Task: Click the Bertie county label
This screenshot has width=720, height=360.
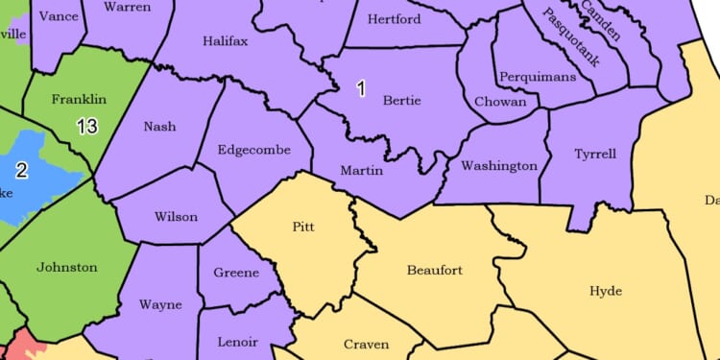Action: (x=401, y=100)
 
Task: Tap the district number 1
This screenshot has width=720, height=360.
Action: (x=361, y=89)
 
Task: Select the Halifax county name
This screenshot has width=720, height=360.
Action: (x=226, y=41)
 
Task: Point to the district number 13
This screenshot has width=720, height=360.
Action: (x=87, y=126)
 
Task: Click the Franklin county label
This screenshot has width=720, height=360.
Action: (x=79, y=99)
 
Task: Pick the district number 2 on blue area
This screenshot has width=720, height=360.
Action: (x=21, y=170)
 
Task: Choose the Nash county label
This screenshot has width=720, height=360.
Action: (x=159, y=127)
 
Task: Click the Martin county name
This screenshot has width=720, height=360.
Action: (x=362, y=171)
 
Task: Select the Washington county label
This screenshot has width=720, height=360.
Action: (x=499, y=166)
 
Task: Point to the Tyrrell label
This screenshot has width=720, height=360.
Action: (x=595, y=154)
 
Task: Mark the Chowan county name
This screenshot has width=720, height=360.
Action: (x=500, y=101)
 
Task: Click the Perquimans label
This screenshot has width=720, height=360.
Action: (x=538, y=76)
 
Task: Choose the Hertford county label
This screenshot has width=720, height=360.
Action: (x=395, y=19)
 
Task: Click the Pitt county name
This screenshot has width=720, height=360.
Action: (x=304, y=227)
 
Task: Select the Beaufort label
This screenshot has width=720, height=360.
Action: (x=435, y=271)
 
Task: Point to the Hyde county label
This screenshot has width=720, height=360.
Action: (x=605, y=291)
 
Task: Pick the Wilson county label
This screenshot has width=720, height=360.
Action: (x=177, y=217)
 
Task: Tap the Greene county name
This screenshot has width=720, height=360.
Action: (x=236, y=273)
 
